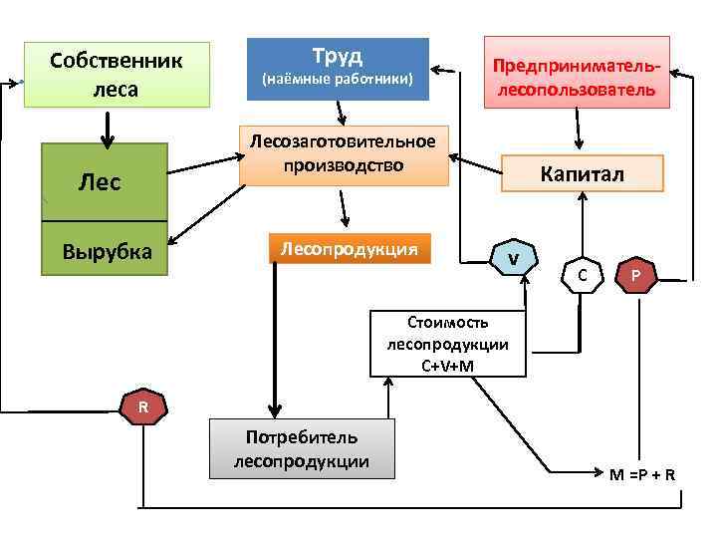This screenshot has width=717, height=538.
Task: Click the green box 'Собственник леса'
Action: (117, 75)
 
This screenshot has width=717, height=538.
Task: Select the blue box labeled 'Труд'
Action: (338, 69)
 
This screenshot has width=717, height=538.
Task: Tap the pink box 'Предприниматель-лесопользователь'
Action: (577, 73)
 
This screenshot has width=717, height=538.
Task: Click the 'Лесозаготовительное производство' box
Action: (344, 153)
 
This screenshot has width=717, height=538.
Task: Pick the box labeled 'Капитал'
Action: (582, 173)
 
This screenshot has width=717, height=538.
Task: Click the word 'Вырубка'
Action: (108, 251)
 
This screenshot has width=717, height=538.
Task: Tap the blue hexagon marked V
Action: (512, 258)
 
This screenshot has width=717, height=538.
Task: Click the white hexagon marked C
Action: (582, 272)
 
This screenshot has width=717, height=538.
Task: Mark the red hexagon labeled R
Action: (142, 406)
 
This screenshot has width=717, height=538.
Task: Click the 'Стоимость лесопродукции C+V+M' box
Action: (447, 344)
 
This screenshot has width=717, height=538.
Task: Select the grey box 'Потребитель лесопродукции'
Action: (302, 449)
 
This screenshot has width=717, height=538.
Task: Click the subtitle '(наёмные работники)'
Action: (338, 78)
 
